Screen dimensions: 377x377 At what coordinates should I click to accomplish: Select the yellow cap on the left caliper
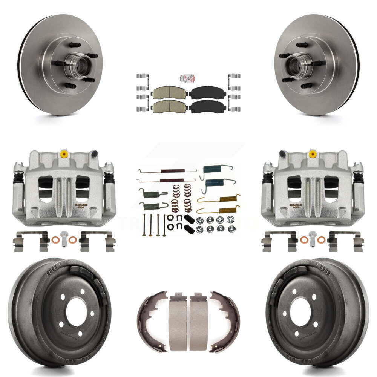[64, 153]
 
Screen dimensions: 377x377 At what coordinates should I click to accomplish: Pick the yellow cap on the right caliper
[312, 153]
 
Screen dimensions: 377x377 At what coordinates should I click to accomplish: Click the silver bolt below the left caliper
[64, 239]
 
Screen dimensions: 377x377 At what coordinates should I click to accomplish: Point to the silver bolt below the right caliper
[312, 239]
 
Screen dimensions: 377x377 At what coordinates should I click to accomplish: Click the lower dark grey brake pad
[207, 107]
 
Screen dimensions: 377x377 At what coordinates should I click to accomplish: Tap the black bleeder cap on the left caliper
[94, 154]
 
